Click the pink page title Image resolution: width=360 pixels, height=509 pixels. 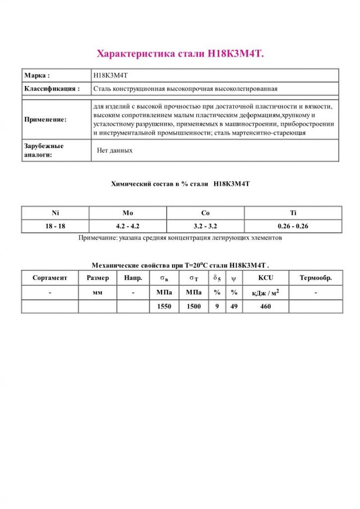180,54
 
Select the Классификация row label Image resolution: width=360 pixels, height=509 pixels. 52,88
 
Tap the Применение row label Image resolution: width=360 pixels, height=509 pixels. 45,120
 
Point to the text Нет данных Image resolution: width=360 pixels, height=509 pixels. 115,150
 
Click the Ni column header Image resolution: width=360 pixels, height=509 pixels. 55,213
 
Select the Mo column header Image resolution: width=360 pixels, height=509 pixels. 128,213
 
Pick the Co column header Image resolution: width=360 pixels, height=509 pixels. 205,213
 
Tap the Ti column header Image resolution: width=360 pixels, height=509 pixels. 293,213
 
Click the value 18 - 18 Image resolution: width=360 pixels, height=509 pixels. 55,226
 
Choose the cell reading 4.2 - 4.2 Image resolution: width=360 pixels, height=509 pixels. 128,226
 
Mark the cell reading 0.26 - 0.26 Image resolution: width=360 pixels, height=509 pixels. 293,226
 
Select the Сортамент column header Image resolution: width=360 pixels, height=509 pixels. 50,278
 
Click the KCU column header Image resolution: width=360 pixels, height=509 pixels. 266,278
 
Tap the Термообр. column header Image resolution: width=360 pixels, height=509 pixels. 316,278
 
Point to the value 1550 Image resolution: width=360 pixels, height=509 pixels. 164,307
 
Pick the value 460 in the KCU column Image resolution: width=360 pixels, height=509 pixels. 266,307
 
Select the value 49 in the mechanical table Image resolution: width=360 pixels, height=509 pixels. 234,307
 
